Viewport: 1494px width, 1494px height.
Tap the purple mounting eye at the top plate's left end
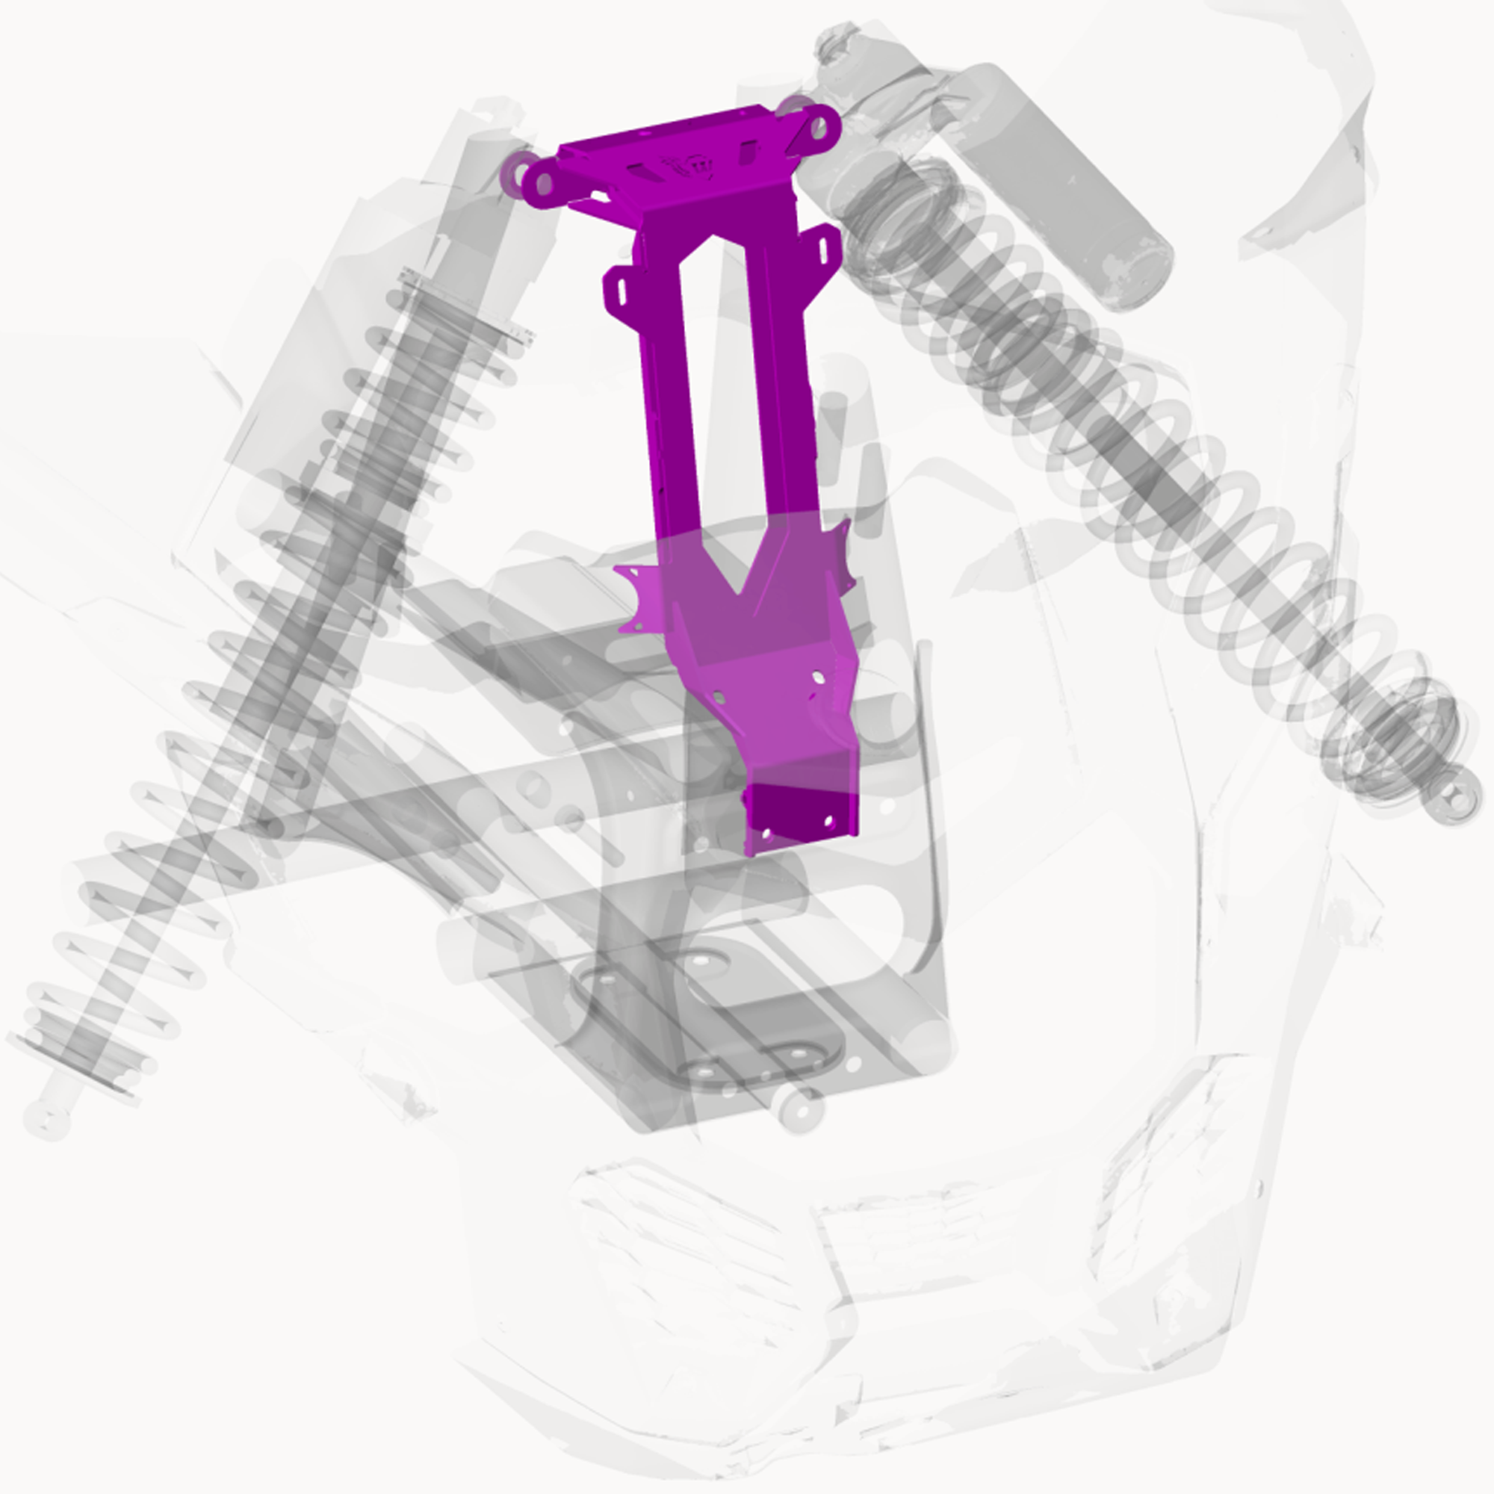coord(544,183)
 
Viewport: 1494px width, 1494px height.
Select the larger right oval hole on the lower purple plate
coord(817,678)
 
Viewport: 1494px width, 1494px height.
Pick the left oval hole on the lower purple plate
coord(719,698)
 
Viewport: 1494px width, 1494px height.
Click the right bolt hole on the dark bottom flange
coord(829,819)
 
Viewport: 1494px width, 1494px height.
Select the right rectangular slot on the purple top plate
coord(746,152)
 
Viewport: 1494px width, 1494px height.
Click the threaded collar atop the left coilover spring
coord(464,306)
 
